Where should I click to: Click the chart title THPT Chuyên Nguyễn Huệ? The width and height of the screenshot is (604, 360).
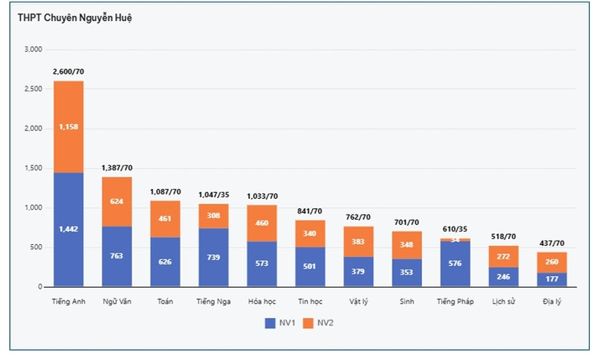click(x=75, y=18)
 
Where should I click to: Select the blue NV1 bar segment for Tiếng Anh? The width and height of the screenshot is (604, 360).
click(x=68, y=229)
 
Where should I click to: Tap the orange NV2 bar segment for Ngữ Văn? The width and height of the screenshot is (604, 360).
click(x=117, y=201)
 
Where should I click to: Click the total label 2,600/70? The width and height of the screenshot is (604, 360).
click(x=68, y=72)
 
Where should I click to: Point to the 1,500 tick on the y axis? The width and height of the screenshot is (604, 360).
click(x=33, y=169)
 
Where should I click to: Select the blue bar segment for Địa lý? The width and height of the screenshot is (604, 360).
click(x=552, y=279)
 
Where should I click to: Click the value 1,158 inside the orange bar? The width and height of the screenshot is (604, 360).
click(x=68, y=127)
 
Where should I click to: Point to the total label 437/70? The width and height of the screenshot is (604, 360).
click(x=552, y=243)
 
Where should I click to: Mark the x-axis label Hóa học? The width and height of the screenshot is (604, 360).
click(x=262, y=300)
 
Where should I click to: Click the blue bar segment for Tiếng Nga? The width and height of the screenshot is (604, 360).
click(x=213, y=257)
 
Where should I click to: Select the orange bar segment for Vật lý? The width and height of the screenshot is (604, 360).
click(x=359, y=242)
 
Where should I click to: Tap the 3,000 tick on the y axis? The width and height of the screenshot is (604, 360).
click(x=33, y=50)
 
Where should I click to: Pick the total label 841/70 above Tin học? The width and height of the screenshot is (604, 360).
click(x=310, y=211)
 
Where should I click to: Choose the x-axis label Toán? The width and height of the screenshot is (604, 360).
click(x=165, y=300)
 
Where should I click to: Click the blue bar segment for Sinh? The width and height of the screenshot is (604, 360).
click(x=407, y=273)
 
